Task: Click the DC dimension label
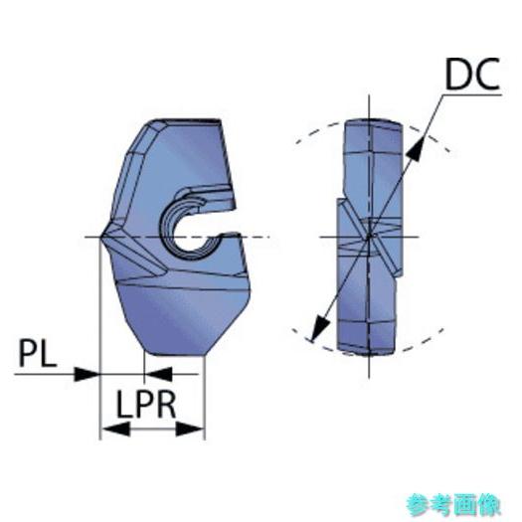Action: [472, 74]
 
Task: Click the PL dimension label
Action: [38, 353]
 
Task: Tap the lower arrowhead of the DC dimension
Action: [320, 327]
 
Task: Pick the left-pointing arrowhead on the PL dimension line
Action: [158, 374]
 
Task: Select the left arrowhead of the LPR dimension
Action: [115, 429]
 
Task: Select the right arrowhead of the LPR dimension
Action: [190, 429]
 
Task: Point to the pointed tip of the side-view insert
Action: [101, 237]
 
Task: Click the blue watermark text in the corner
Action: [452, 504]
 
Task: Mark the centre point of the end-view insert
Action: [369, 237]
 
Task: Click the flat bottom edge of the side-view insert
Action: [175, 354]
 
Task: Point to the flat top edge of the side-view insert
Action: [188, 120]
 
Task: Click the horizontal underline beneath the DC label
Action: [472, 95]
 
